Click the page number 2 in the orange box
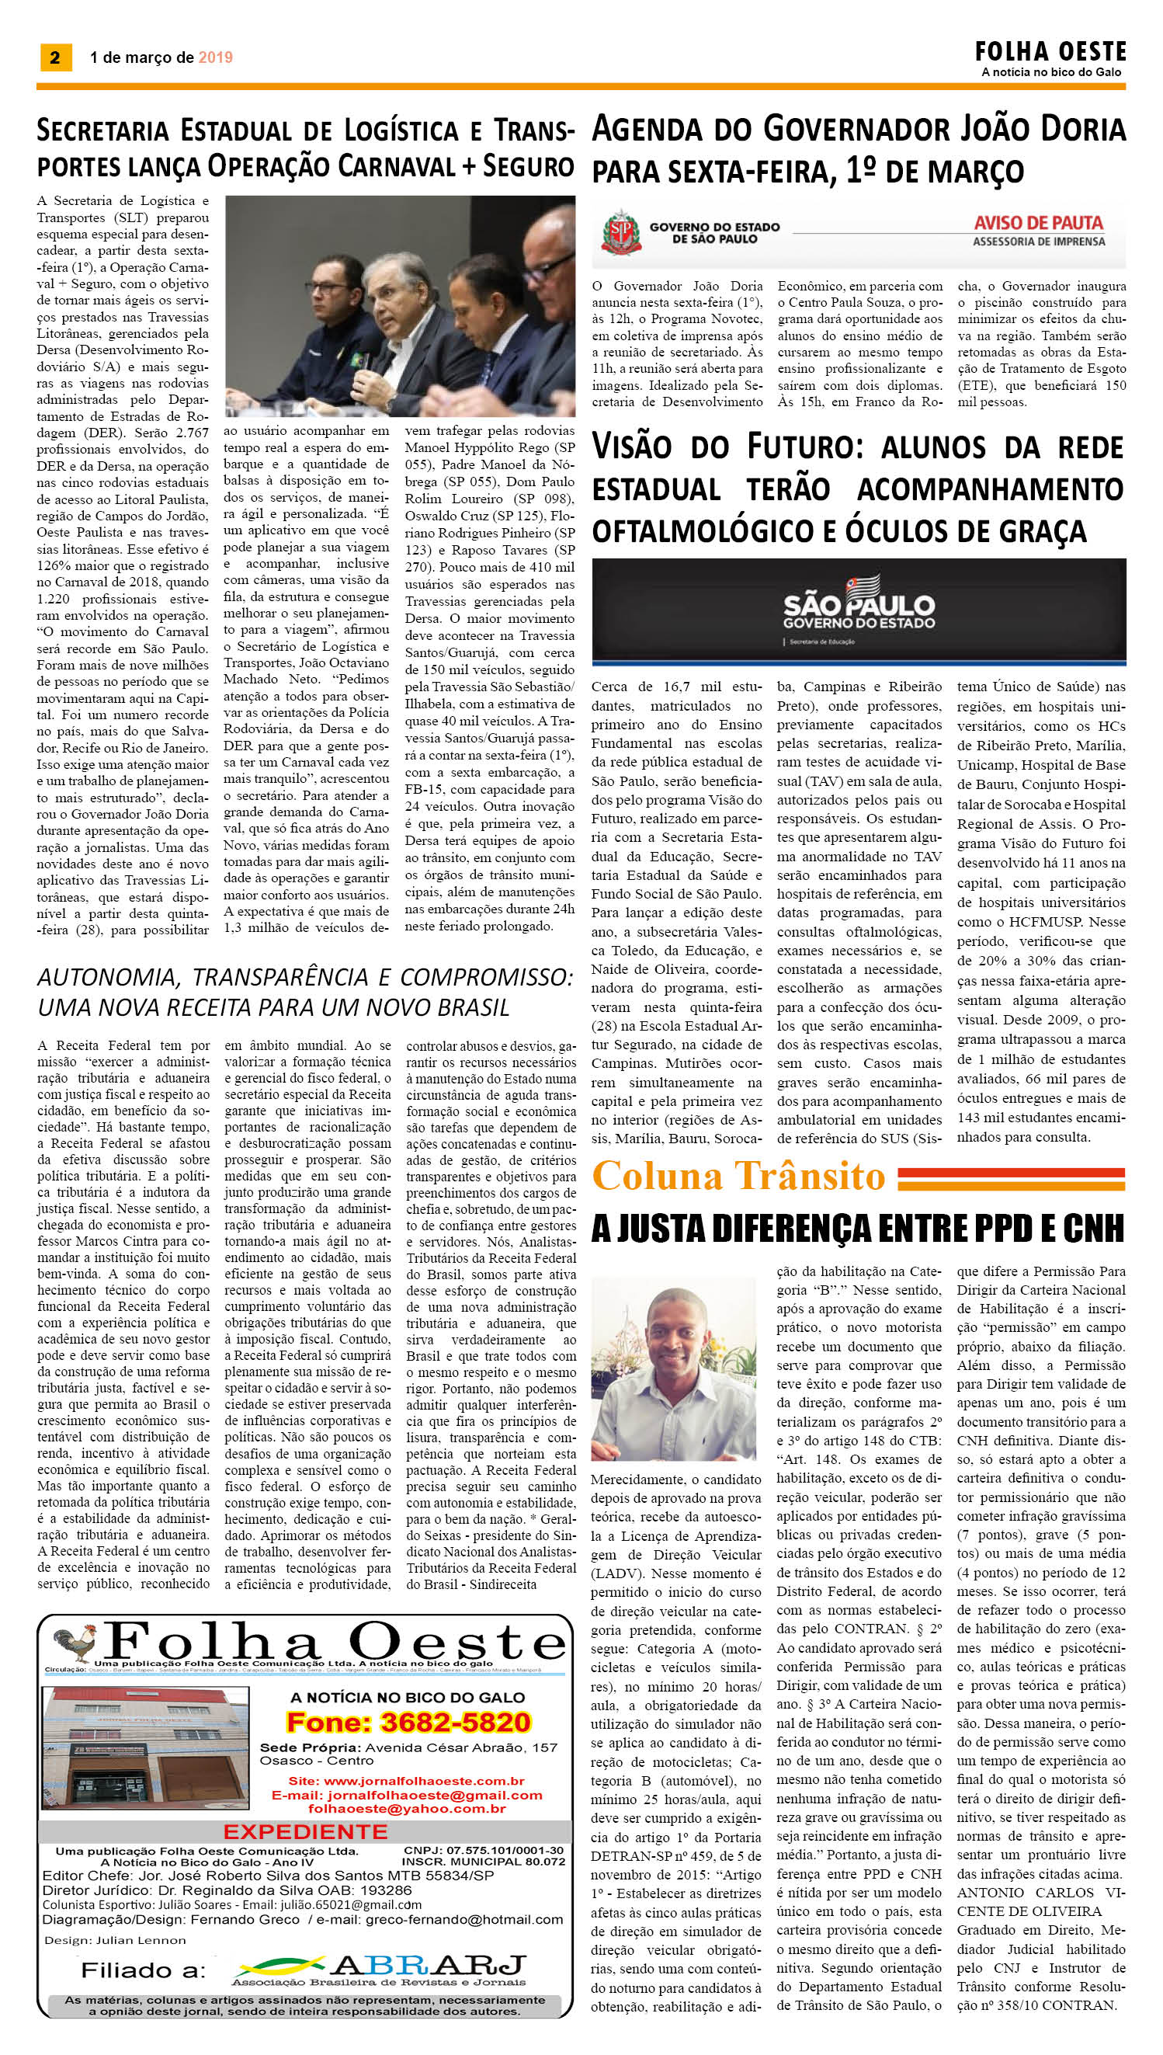(54, 57)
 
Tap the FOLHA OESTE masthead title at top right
(1050, 52)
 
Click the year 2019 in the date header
(216, 57)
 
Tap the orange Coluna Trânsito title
(739, 1176)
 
